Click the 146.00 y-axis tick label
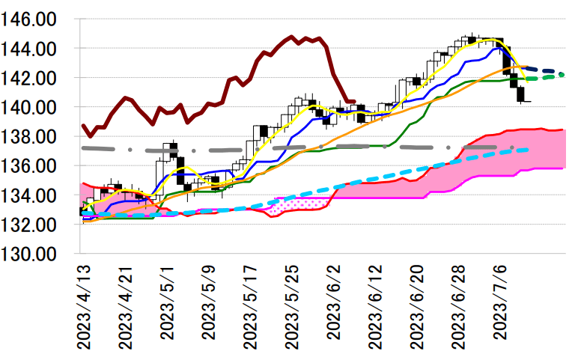33,19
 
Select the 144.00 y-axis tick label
33,48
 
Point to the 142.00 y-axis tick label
33,78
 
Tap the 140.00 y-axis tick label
33,107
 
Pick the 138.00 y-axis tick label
33,136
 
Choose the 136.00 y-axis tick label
33,165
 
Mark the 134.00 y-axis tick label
33,195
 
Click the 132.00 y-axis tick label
33,225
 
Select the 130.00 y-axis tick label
33,254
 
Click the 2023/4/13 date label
83,306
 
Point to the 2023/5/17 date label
252,306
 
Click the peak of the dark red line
291,36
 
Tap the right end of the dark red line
354,101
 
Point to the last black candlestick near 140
520,95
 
